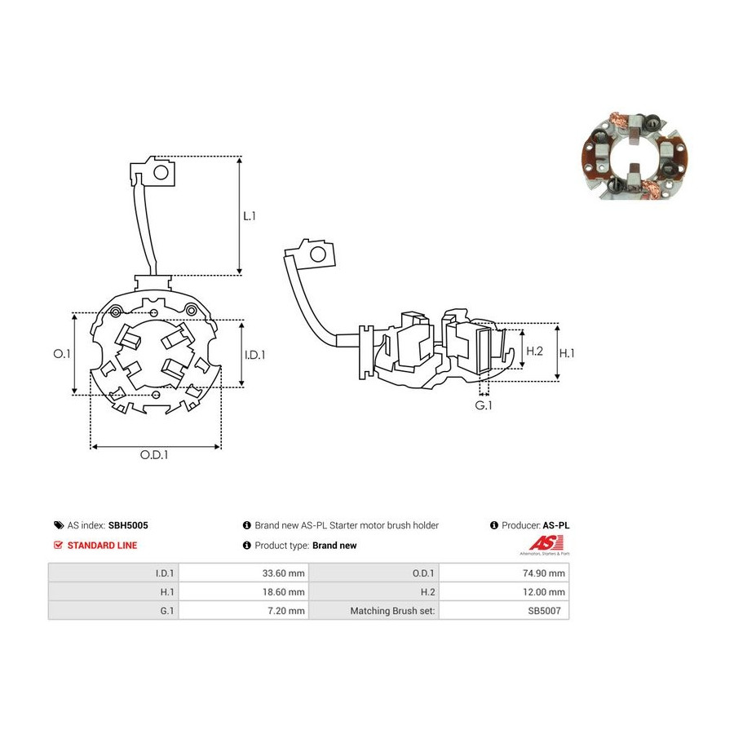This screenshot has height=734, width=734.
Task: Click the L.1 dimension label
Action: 250,216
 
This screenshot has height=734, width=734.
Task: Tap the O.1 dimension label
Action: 62,354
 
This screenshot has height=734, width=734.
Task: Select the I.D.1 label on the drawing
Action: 255,356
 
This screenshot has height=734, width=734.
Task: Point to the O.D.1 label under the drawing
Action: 154,455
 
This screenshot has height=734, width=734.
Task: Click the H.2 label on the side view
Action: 534,351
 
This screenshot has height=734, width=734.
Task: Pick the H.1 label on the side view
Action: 567,353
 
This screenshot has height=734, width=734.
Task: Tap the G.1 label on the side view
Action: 484,405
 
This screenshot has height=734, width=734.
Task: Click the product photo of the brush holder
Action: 635,156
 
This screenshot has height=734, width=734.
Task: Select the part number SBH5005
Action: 128,525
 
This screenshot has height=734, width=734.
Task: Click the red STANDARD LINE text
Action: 102,546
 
